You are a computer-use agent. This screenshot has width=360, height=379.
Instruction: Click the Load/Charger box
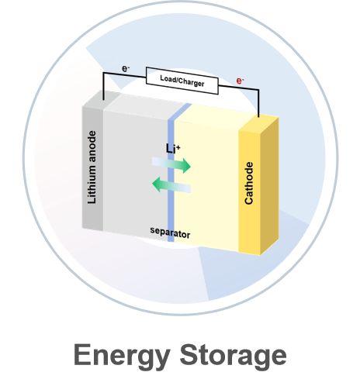(182, 81)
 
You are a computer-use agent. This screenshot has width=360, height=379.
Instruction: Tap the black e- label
(126, 69)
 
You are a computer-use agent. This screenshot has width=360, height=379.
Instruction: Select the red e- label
(240, 81)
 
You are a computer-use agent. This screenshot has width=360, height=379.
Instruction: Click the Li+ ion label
(173, 149)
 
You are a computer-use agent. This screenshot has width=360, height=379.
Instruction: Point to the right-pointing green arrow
(171, 165)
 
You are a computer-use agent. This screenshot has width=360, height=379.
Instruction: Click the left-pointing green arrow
(171, 184)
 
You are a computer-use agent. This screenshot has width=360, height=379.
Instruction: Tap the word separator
(170, 233)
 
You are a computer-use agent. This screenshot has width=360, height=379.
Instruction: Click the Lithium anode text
(92, 167)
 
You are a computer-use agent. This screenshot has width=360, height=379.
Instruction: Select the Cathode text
(249, 183)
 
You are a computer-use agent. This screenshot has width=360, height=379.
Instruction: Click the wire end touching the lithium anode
(103, 99)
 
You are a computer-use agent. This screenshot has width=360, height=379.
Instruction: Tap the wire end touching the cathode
(258, 116)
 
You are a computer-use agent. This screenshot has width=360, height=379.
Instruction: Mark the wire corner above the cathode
(258, 90)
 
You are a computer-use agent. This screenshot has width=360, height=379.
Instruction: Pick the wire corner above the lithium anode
(103, 73)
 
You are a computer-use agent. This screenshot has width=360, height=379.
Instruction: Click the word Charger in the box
(192, 83)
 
